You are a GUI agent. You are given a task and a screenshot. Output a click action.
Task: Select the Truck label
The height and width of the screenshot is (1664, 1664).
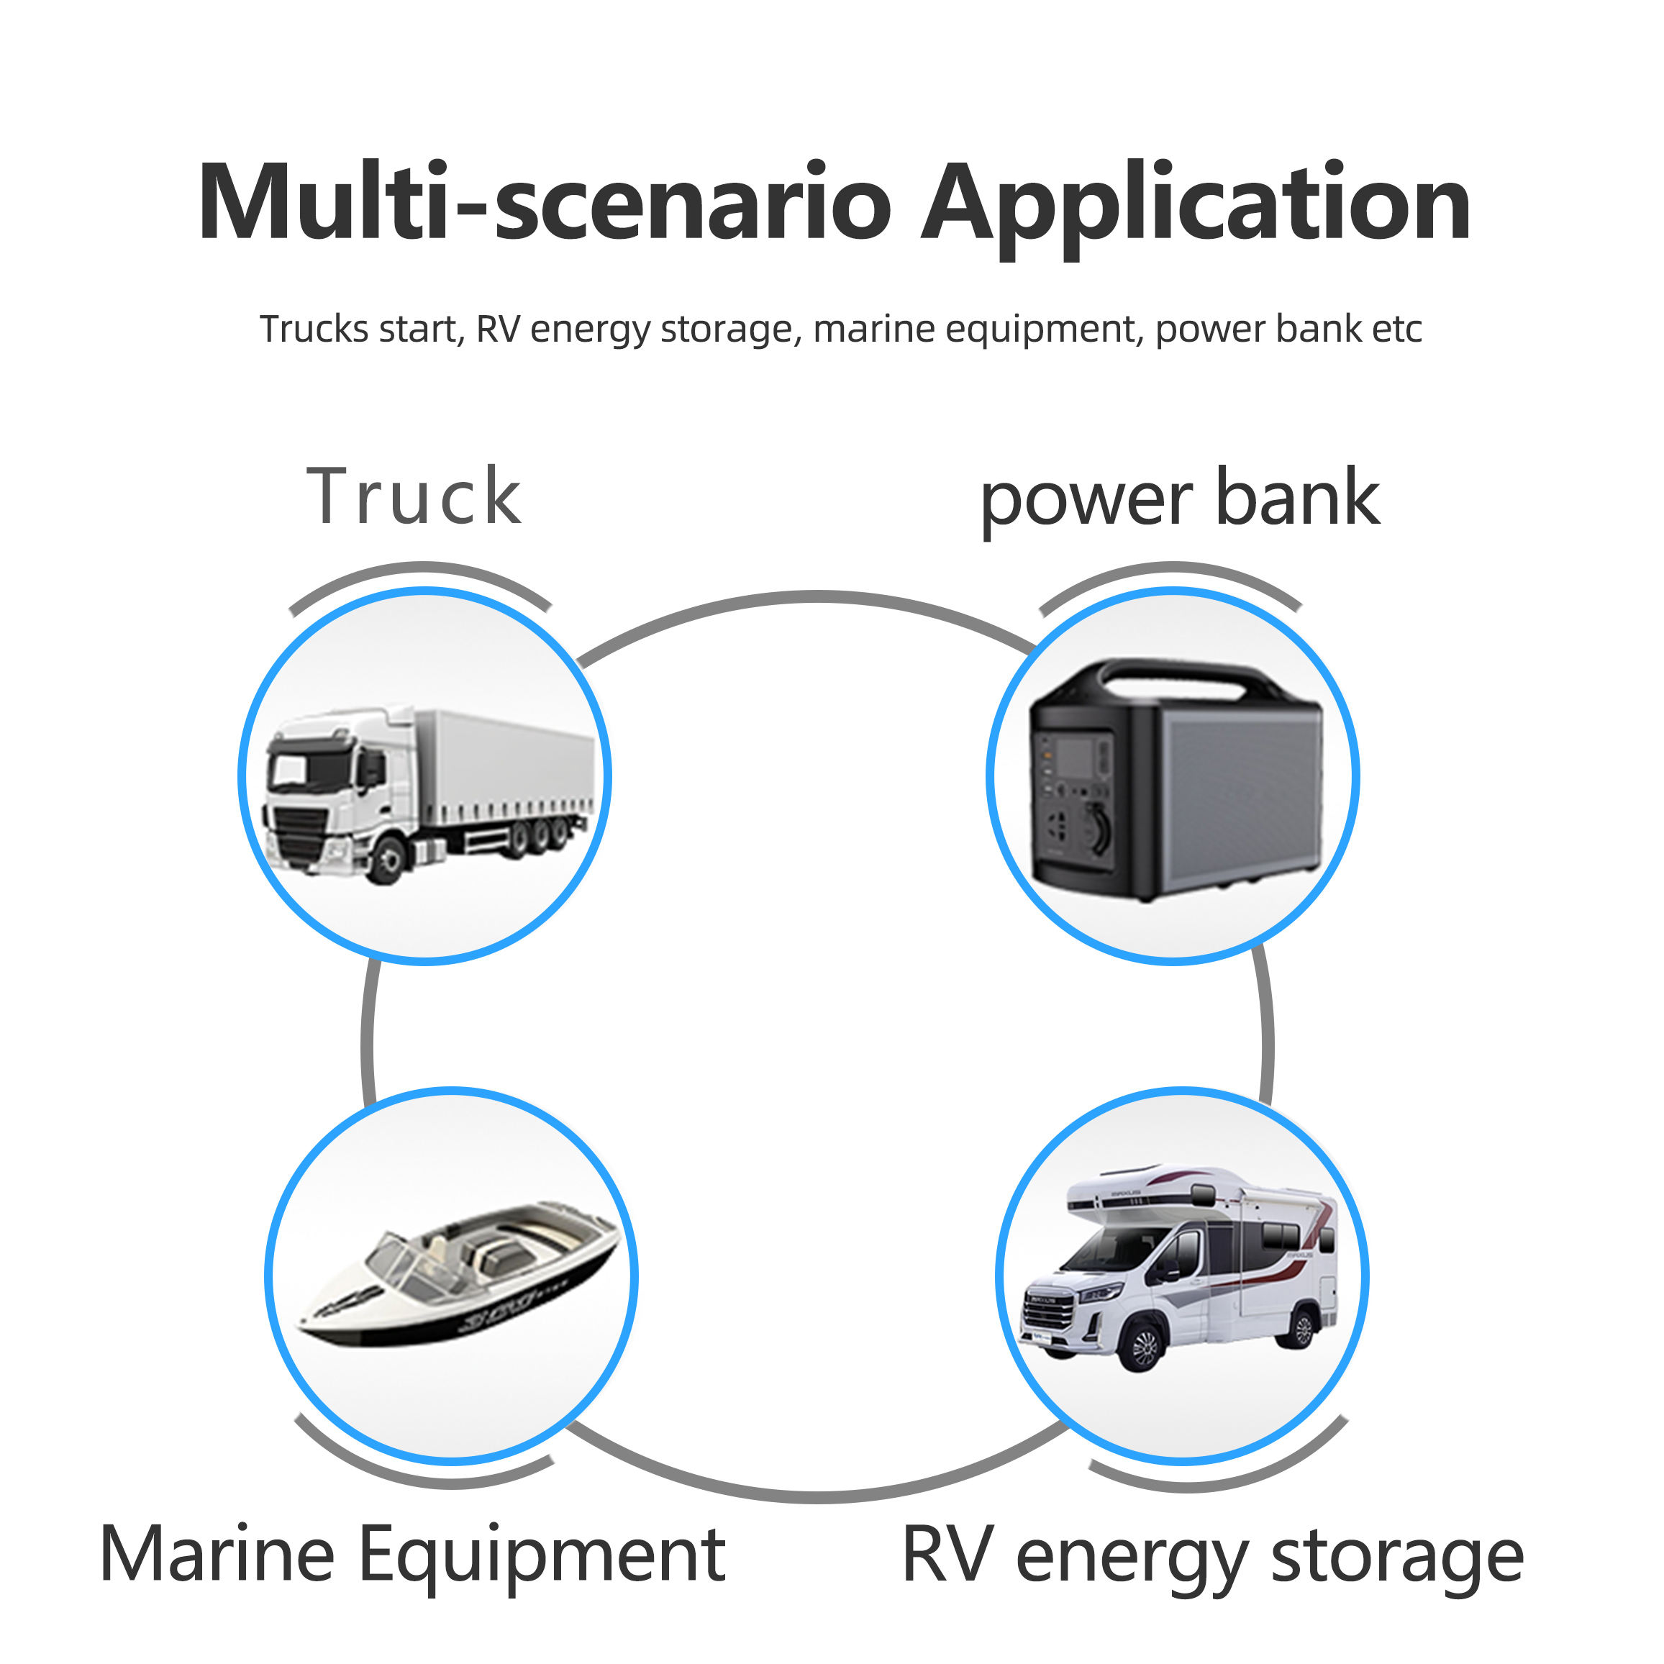[414, 497]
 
